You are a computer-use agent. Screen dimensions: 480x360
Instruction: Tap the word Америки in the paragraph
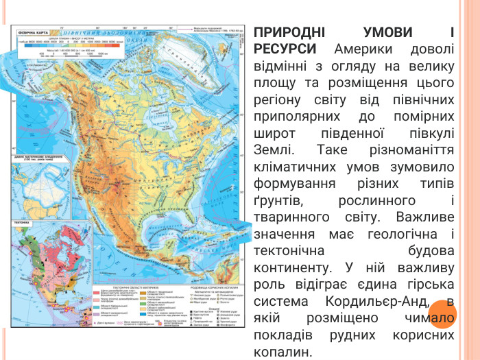click(x=359, y=50)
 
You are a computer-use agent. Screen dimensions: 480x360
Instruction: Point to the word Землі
click(x=272, y=149)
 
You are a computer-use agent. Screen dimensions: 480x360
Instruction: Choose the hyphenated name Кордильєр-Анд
click(x=368, y=300)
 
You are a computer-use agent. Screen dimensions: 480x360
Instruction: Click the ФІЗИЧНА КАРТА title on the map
click(x=32, y=32)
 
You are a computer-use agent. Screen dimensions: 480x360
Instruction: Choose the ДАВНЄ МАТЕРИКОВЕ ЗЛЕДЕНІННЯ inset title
click(x=41, y=157)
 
